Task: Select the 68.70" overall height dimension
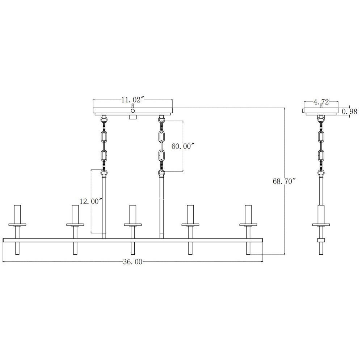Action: (x=284, y=181)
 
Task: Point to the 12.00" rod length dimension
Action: (x=91, y=201)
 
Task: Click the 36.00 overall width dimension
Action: (x=132, y=262)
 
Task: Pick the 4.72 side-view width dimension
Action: (x=321, y=102)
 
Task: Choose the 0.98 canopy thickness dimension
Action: (x=350, y=112)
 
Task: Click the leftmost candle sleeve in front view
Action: (x=17, y=214)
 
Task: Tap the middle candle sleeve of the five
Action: (x=133, y=214)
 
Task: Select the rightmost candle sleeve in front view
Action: (x=248, y=214)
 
